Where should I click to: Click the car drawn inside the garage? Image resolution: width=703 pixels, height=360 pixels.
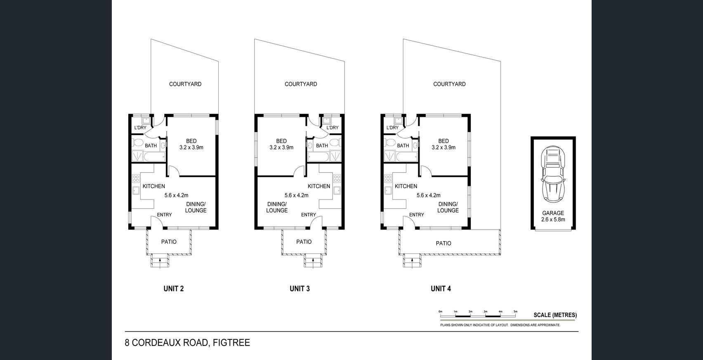click(x=553, y=174)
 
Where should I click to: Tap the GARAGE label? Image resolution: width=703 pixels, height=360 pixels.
click(x=553, y=213)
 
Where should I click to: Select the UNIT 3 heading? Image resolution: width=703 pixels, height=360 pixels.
click(x=300, y=289)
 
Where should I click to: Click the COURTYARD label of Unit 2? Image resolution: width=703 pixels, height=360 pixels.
click(x=185, y=84)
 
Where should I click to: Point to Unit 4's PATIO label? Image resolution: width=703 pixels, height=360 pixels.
click(x=444, y=243)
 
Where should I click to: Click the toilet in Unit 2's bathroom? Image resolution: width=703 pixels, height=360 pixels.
click(x=137, y=143)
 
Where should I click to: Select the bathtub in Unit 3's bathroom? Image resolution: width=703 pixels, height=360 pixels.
click(x=318, y=156)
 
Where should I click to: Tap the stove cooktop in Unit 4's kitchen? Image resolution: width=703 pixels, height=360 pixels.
click(x=388, y=179)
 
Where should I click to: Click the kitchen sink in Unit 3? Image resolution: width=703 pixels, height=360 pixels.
click(x=337, y=190)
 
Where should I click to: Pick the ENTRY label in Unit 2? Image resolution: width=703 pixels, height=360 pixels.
click(x=164, y=215)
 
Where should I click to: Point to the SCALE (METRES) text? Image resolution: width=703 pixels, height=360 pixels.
click(x=555, y=315)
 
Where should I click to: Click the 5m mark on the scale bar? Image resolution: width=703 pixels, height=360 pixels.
click(x=515, y=312)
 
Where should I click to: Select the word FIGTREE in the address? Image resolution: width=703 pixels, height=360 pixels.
click(x=231, y=343)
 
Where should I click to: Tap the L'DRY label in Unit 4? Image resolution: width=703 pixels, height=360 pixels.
click(x=392, y=128)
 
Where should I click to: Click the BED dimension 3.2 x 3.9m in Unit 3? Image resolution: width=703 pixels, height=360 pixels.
click(x=281, y=147)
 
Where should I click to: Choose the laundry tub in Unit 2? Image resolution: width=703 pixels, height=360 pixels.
click(x=146, y=121)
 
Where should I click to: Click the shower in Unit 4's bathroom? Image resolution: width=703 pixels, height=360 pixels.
click(x=389, y=156)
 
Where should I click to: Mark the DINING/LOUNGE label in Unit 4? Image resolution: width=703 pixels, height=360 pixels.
click(x=448, y=207)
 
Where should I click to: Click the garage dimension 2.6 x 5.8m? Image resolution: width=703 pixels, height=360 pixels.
click(x=553, y=220)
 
